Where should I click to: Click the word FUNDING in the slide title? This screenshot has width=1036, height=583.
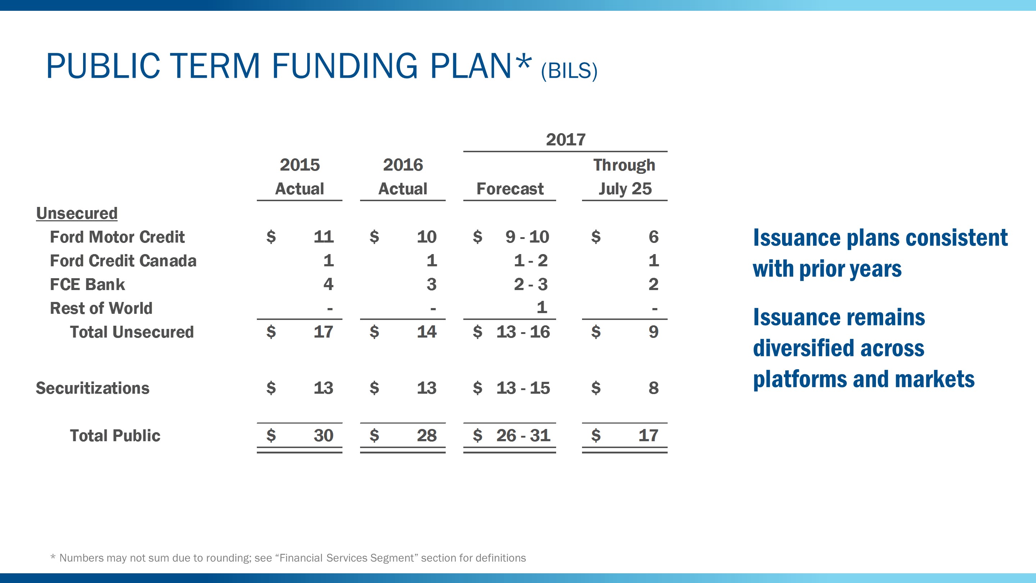click(345, 66)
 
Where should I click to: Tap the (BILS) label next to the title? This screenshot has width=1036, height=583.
click(569, 71)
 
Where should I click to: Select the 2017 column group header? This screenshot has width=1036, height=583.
click(565, 140)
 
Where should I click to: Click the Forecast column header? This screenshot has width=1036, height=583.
click(510, 189)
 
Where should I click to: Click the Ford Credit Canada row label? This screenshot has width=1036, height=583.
click(123, 261)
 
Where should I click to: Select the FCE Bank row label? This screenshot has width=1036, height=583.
click(87, 284)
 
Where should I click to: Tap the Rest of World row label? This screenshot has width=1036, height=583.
click(101, 308)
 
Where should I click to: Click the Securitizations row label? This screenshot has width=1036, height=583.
click(92, 388)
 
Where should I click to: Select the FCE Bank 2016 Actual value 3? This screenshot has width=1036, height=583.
click(431, 284)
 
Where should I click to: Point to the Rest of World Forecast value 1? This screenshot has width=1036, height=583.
click(541, 307)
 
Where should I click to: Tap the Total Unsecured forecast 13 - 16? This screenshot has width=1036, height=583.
click(523, 332)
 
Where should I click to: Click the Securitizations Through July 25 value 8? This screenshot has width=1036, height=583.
click(653, 388)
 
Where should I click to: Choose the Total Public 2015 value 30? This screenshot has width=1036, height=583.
click(323, 435)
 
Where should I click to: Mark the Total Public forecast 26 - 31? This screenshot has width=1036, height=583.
click(523, 435)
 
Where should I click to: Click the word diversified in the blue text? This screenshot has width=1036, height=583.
click(838, 348)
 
